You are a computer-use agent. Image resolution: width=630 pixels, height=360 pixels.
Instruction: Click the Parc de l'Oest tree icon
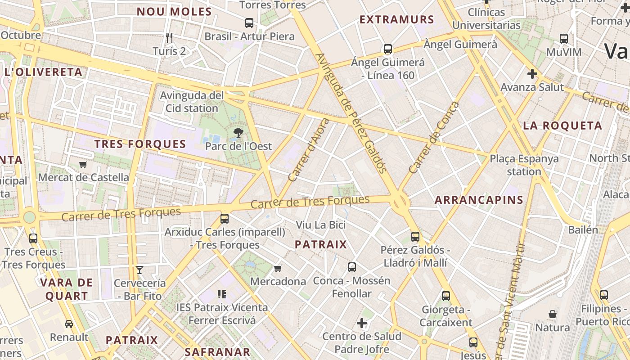point(238,132)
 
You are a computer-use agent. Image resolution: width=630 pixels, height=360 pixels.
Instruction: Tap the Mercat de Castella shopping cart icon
point(83,164)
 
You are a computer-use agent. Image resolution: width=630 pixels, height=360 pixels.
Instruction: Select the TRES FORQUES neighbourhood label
point(140,144)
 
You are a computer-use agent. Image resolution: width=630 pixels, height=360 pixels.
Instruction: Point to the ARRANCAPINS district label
point(479,200)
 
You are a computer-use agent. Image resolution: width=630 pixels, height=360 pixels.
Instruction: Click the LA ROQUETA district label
point(562,126)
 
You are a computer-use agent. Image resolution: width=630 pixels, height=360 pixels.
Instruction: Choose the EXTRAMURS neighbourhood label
point(397,20)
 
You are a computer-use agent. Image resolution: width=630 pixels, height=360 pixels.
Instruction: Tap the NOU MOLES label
point(174,12)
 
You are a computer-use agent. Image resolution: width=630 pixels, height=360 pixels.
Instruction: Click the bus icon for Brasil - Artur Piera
point(249,22)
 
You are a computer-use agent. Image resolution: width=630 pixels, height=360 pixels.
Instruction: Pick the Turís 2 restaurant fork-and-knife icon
point(169,38)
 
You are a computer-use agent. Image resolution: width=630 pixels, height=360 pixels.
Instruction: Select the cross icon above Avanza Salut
point(532,73)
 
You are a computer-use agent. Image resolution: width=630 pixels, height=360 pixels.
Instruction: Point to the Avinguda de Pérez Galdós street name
point(351,113)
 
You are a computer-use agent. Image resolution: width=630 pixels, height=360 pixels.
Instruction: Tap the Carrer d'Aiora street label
point(309,150)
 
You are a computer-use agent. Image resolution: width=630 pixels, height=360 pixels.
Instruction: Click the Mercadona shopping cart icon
point(278,268)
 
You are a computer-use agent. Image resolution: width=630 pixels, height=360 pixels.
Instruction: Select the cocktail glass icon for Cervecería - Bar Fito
point(139,270)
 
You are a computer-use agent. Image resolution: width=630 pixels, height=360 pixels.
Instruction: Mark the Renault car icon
point(69,324)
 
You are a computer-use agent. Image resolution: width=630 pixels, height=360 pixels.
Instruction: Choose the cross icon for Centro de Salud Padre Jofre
point(362,323)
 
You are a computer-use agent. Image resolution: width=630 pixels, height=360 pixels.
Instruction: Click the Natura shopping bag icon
point(553,314)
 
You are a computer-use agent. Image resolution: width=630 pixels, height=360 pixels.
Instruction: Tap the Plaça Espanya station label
point(524,165)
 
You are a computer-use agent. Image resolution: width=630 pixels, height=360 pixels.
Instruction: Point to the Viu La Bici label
point(321,225)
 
